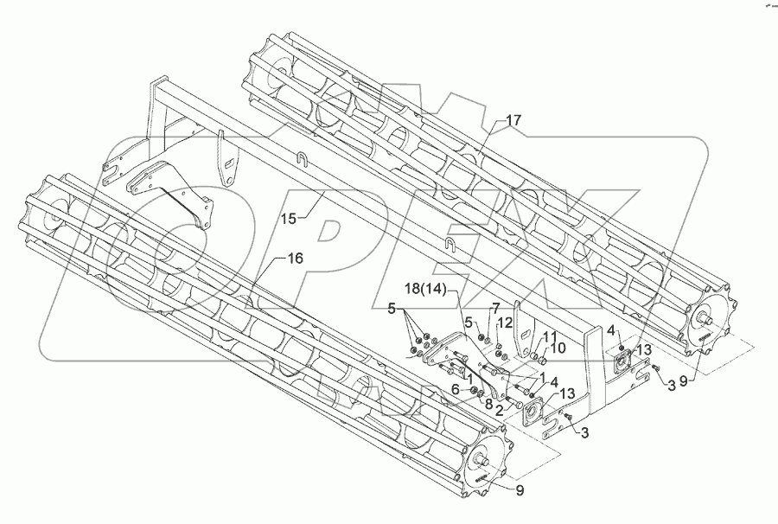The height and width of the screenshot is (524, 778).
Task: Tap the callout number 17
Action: click(x=513, y=121)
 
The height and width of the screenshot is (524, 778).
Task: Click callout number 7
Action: click(x=496, y=308)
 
